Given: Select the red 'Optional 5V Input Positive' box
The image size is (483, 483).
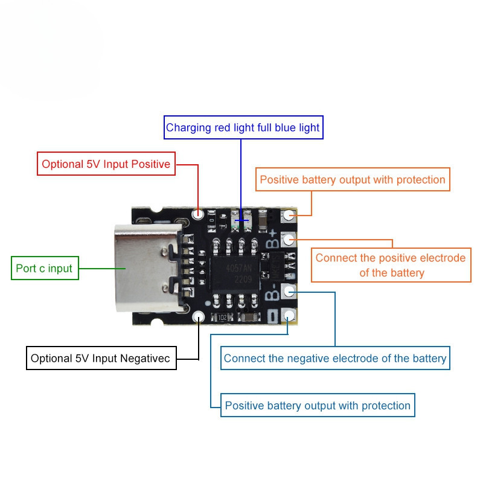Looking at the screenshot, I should pyautogui.click(x=106, y=164).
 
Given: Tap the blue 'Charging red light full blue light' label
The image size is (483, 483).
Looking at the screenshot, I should pyautogui.click(x=243, y=128).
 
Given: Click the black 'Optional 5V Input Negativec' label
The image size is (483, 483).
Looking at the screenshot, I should pyautogui.click(x=101, y=358).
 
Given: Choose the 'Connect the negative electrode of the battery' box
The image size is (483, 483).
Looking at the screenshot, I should pyautogui.click(x=335, y=358).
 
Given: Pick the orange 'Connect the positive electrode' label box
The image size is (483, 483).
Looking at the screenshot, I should pyautogui.click(x=391, y=265).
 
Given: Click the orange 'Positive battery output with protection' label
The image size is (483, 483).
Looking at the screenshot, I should pyautogui.click(x=353, y=179).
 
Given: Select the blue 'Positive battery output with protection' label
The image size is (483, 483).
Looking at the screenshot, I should pyautogui.click(x=318, y=405).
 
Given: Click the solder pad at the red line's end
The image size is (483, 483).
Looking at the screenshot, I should pyautogui.click(x=197, y=213).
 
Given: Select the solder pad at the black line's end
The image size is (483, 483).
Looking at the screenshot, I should pyautogui.click(x=198, y=316).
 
